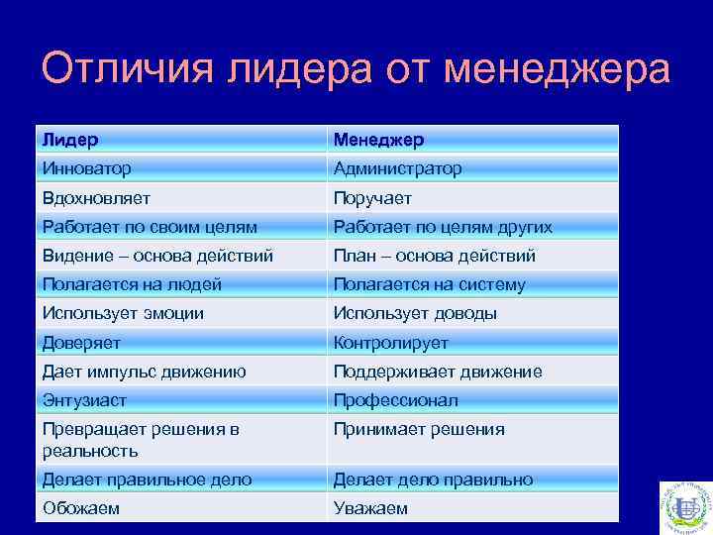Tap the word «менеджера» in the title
pyautogui.click(x=558, y=70)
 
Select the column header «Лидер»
pyautogui.click(x=70, y=140)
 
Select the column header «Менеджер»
pyautogui.click(x=378, y=140)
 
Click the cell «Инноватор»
pyautogui.click(x=87, y=168)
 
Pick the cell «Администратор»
pyautogui.click(x=397, y=168)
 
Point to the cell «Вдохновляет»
pyautogui.click(x=96, y=198)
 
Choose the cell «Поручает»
pyautogui.click(x=372, y=198)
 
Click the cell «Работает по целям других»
pyautogui.click(x=443, y=227)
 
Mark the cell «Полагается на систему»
pyautogui.click(x=429, y=284)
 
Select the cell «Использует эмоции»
pyautogui.click(x=123, y=313)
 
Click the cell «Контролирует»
pyautogui.click(x=390, y=343)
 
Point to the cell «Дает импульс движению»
pyautogui.click(x=144, y=372)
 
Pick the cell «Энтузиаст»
pyautogui.click(x=84, y=400)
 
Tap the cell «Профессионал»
pyautogui.click(x=395, y=400)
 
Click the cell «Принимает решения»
pyautogui.click(x=419, y=429)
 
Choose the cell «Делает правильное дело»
pyautogui.click(x=147, y=480)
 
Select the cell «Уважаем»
pyautogui.click(x=370, y=508)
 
